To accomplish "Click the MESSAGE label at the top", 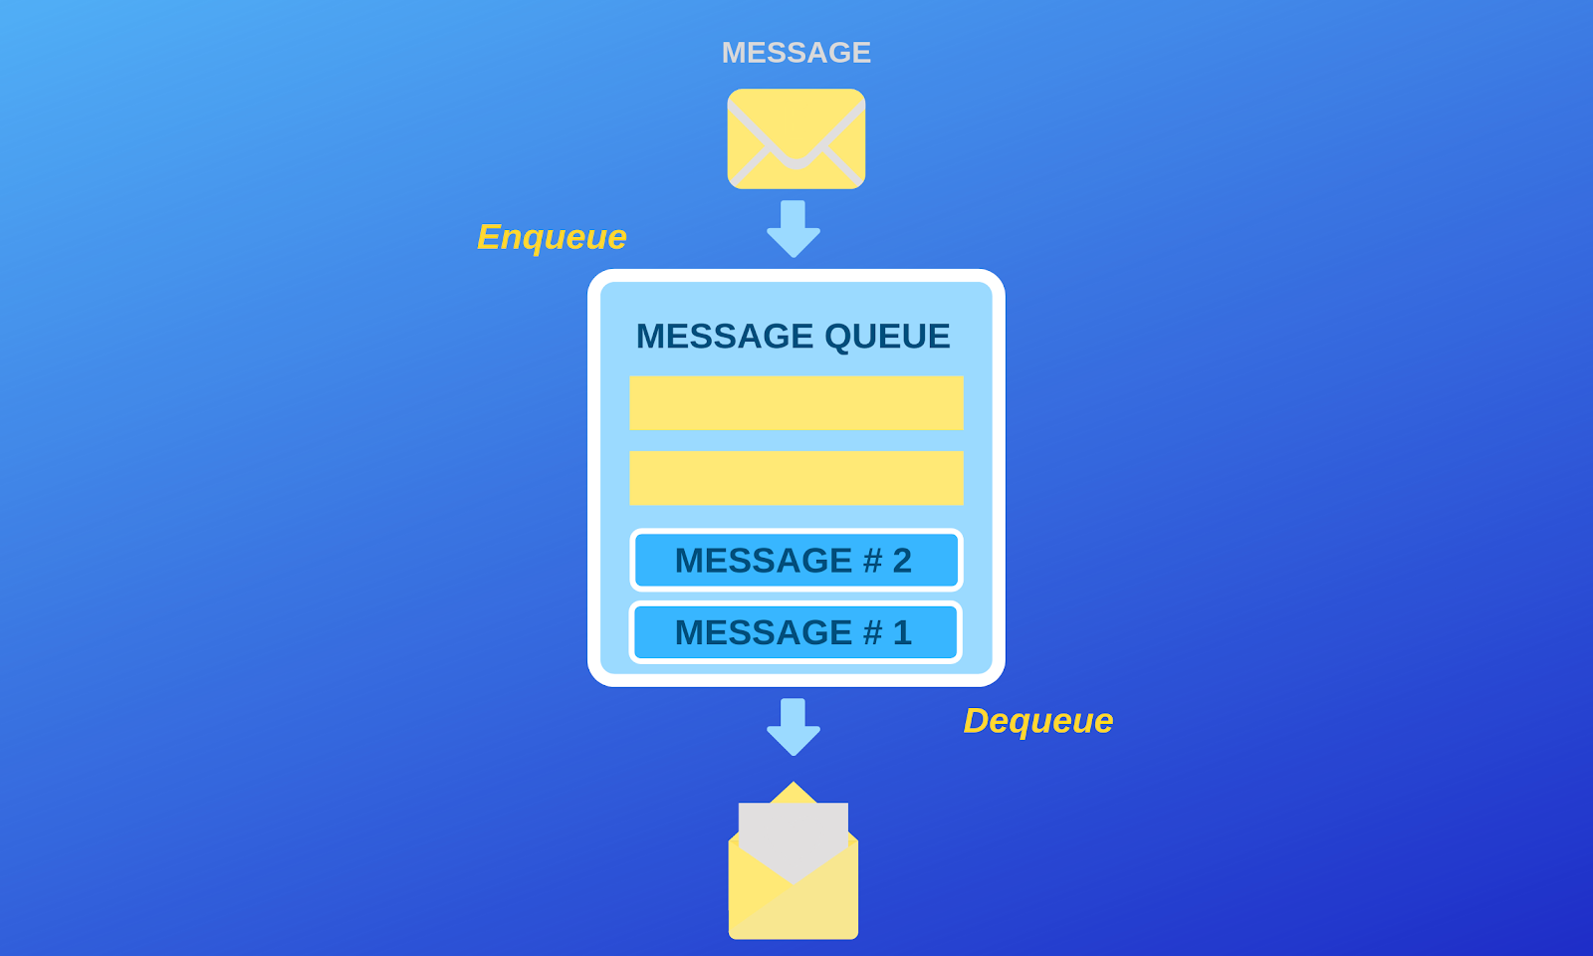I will pyautogui.click(x=796, y=53).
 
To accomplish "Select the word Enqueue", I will pyautogui.click(x=552, y=237).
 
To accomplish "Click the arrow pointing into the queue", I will pyautogui.click(x=794, y=229).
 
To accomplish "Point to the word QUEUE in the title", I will pyautogui.click(x=887, y=337).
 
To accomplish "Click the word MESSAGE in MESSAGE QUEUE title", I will pyautogui.click(x=725, y=337).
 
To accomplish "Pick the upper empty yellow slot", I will pyautogui.click(x=796, y=402).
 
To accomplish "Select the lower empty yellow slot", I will pyautogui.click(x=796, y=478).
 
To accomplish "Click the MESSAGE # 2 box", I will pyautogui.click(x=796, y=561).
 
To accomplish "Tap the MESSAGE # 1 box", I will pyautogui.click(x=796, y=632).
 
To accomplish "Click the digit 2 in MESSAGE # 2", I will pyautogui.click(x=902, y=561).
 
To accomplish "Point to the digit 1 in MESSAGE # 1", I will pyautogui.click(x=902, y=632).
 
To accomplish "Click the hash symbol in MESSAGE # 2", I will pyautogui.click(x=872, y=561).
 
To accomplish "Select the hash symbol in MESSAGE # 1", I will pyautogui.click(x=872, y=632).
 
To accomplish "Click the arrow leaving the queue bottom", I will pyautogui.click(x=794, y=727).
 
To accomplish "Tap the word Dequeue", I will pyautogui.click(x=1037, y=721).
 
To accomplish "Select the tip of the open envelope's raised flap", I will pyautogui.click(x=794, y=787).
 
